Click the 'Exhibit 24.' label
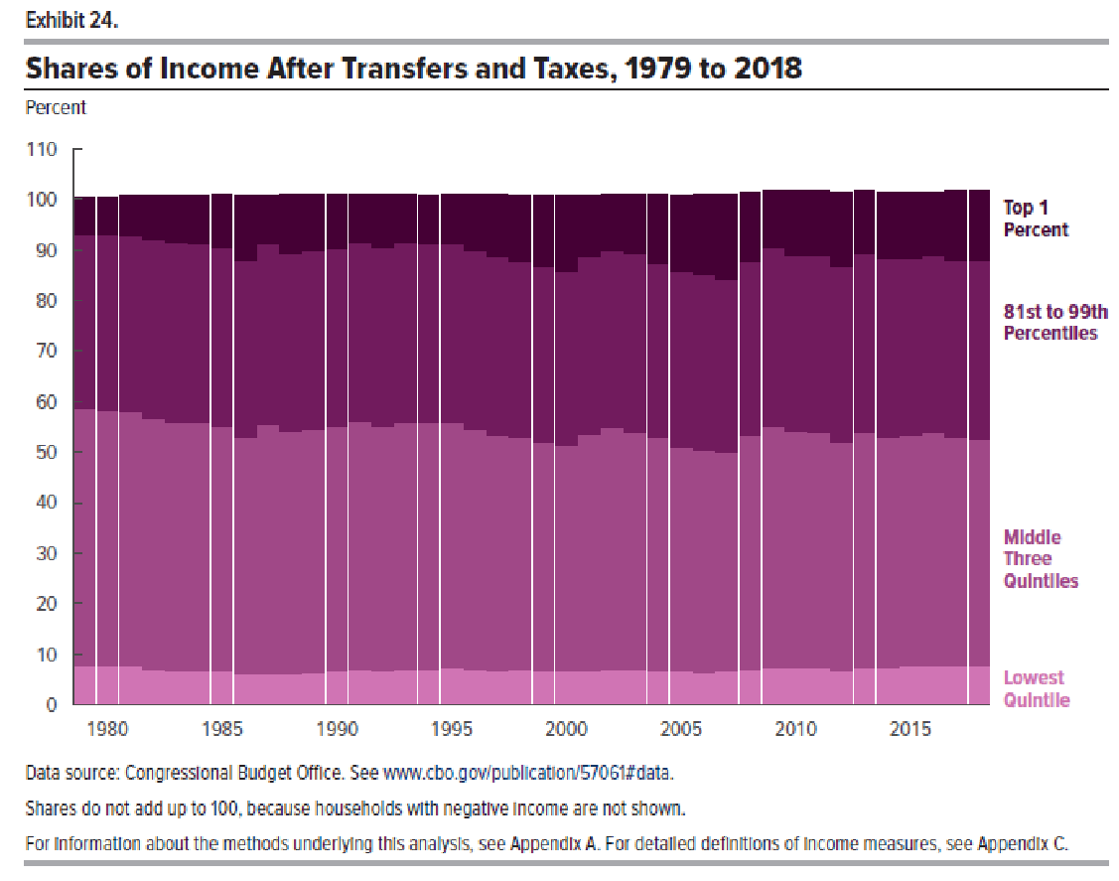click(71, 19)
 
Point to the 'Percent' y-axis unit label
click(56, 107)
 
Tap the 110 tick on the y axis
click(44, 150)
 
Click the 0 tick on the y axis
click(52, 705)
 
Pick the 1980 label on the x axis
click(108, 730)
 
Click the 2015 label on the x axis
click(910, 730)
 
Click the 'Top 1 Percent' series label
click(1036, 219)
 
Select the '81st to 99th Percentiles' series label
click(1055, 323)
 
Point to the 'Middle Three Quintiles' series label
click(1041, 559)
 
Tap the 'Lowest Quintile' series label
click(1037, 689)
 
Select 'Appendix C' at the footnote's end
click(1022, 845)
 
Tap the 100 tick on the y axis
click(44, 200)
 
